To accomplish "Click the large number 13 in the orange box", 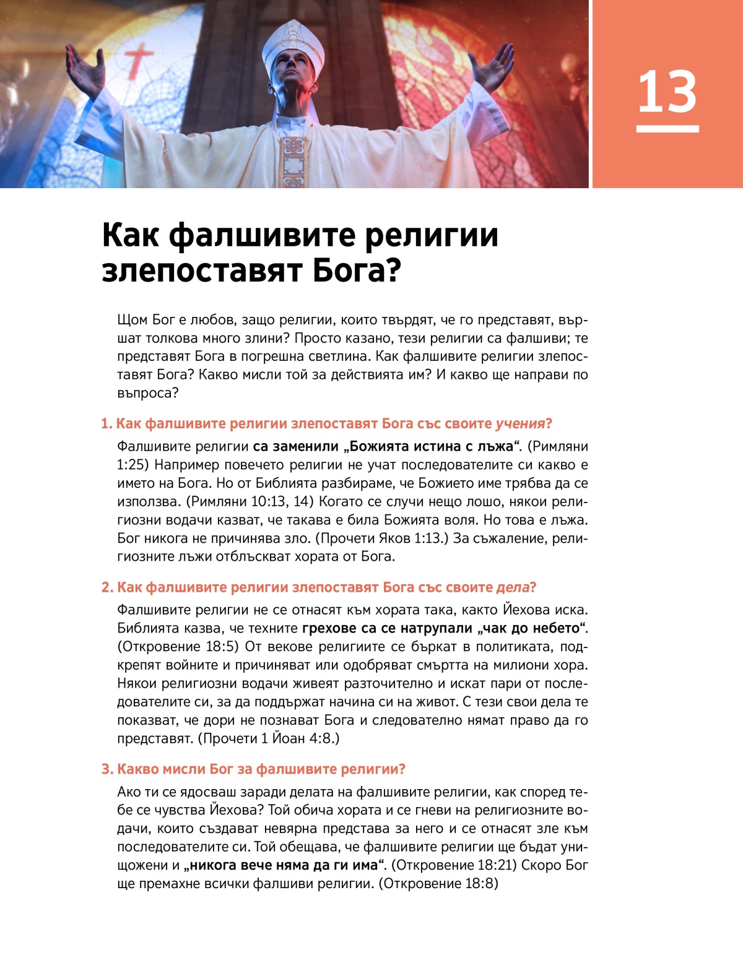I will pyautogui.click(x=667, y=92).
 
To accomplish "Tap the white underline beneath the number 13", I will pyautogui.click(x=667, y=129).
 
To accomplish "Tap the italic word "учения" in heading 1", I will pyautogui.click(x=519, y=424).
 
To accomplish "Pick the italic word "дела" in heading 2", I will pyautogui.click(x=513, y=587).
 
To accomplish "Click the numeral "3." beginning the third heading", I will pyautogui.click(x=108, y=769).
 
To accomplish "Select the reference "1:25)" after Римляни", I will pyautogui.click(x=133, y=465).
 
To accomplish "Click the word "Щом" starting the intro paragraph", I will pyautogui.click(x=133, y=320).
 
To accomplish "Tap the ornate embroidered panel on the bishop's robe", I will pyautogui.click(x=293, y=161).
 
